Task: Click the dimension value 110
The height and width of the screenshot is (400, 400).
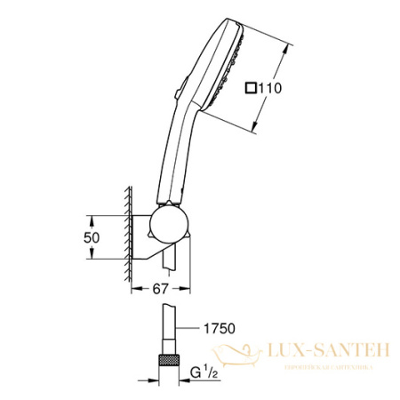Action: click(269, 88)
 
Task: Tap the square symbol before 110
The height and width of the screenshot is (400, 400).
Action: click(252, 88)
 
